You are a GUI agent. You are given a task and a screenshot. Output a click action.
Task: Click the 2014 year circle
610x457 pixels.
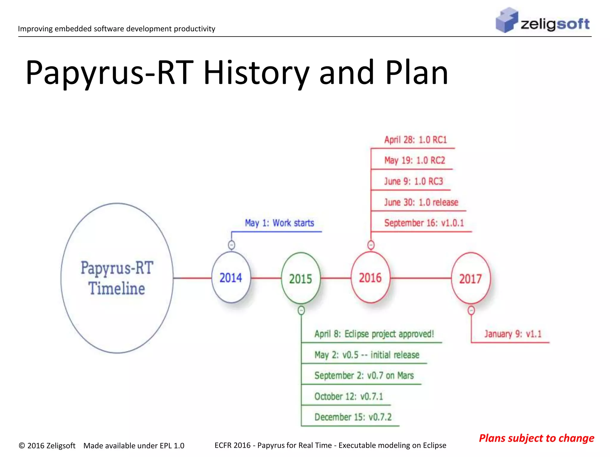pyautogui.click(x=231, y=278)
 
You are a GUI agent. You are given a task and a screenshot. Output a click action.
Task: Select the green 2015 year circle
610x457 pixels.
pyautogui.click(x=301, y=278)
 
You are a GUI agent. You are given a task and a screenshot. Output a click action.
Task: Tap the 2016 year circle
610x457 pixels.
pyautogui.click(x=370, y=278)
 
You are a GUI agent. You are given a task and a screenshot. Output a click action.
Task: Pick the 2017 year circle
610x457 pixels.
pyautogui.click(x=471, y=278)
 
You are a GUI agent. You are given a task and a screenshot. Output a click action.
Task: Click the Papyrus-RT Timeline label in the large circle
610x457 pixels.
pyautogui.click(x=117, y=278)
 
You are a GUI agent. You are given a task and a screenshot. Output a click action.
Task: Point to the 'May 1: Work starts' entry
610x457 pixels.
pyautogui.click(x=279, y=223)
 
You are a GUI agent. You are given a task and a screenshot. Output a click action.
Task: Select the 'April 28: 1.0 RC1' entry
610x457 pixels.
pyautogui.click(x=416, y=140)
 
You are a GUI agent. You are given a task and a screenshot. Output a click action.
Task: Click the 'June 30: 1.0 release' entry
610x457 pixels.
pyautogui.click(x=421, y=202)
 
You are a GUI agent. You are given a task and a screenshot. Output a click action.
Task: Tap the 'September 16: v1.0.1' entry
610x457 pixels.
pyautogui.click(x=424, y=223)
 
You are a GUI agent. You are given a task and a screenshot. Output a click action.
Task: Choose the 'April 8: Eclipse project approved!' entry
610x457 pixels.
pyautogui.click(x=374, y=334)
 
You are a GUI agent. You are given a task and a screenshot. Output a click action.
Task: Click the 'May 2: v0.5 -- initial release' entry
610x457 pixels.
pyautogui.click(x=367, y=355)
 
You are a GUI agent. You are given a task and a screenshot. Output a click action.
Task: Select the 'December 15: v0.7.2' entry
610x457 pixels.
pyautogui.click(x=353, y=417)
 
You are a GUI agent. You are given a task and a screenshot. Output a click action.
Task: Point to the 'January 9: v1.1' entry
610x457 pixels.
pyautogui.click(x=513, y=334)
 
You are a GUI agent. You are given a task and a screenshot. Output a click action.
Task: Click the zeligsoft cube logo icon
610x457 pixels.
pyautogui.click(x=506, y=20)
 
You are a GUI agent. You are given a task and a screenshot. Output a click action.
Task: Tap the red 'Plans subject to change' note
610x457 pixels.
pyautogui.click(x=536, y=438)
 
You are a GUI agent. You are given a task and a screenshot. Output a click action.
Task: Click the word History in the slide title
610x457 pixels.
pyautogui.click(x=256, y=73)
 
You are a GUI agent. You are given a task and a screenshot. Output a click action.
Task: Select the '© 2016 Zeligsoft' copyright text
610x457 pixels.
pyautogui.click(x=47, y=445)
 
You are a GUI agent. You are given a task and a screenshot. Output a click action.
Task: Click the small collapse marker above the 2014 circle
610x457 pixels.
pyautogui.click(x=231, y=245)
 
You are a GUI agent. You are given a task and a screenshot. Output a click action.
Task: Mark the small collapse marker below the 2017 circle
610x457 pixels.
pyautogui.click(x=471, y=311)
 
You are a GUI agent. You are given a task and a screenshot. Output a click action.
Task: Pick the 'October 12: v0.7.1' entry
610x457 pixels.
pyautogui.click(x=348, y=396)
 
